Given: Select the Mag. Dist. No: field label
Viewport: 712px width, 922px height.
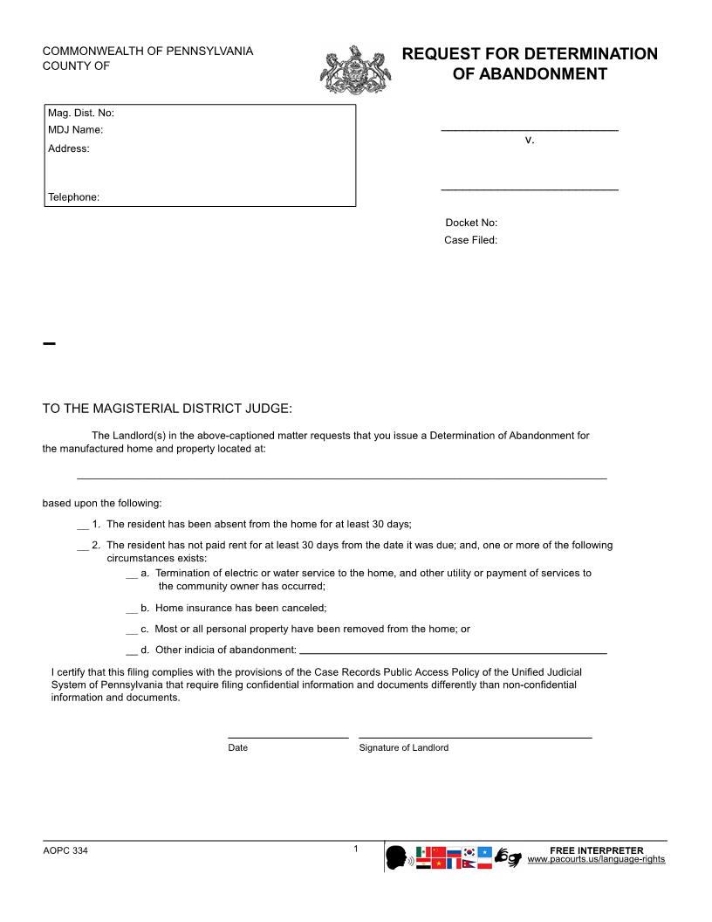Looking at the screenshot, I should tap(81, 113).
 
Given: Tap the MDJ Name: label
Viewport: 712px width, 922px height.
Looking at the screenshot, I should tap(76, 130).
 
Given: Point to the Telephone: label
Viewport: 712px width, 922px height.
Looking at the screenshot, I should tap(74, 197).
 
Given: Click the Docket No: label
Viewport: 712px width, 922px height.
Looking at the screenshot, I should tap(471, 223).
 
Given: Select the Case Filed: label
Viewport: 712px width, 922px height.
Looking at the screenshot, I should tap(471, 240).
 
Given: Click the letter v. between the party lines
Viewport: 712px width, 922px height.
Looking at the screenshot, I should tap(530, 140).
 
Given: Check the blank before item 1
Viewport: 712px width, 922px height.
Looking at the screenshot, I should tap(83, 525).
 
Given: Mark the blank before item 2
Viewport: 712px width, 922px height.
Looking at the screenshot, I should tap(83, 546).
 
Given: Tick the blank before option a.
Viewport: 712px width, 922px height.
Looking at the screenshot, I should tap(132, 574).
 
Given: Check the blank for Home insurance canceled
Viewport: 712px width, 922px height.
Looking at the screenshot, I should tap(132, 608).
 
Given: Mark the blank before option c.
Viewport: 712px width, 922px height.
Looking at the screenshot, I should tap(132, 629).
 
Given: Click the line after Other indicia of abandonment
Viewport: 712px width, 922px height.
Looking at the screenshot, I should tap(453, 651).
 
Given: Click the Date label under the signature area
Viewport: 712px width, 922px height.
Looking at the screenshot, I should tap(238, 748).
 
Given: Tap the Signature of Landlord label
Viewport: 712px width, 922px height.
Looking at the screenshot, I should tap(404, 748).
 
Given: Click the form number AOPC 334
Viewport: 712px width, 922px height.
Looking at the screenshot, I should tap(65, 851).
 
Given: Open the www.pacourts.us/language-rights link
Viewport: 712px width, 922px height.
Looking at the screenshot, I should tap(597, 860).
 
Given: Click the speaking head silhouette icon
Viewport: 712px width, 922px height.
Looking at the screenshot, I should tap(398, 857).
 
